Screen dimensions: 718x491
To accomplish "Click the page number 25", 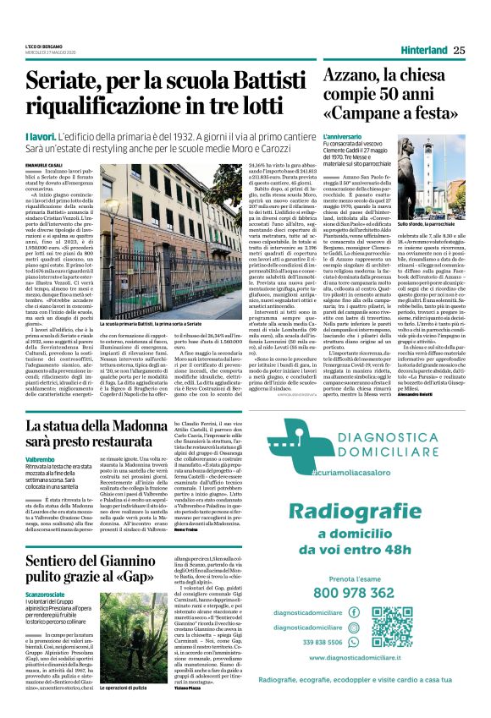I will (458, 50).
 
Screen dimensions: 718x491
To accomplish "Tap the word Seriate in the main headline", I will (62, 82).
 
